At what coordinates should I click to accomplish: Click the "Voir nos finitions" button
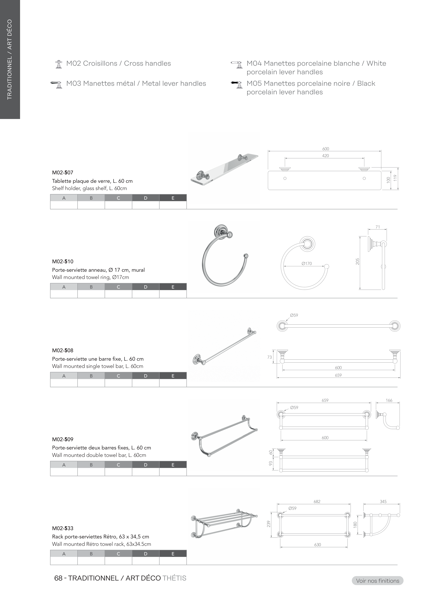[378, 581]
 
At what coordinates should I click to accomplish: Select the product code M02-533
[63, 528]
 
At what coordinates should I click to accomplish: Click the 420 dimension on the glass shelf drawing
[325, 156]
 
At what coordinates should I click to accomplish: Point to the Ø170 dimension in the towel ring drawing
[307, 263]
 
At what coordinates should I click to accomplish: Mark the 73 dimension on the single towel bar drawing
[270, 357]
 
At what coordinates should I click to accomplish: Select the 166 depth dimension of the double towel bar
[389, 400]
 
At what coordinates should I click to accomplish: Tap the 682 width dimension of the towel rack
[317, 502]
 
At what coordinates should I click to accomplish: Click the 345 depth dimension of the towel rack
[383, 502]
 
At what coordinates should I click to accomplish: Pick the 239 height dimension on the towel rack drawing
[269, 524]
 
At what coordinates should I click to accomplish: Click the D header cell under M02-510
[146, 287]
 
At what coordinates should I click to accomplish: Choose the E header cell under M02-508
[173, 376]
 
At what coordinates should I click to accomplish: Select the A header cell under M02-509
[64, 465]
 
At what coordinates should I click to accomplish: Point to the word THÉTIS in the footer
[174, 578]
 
